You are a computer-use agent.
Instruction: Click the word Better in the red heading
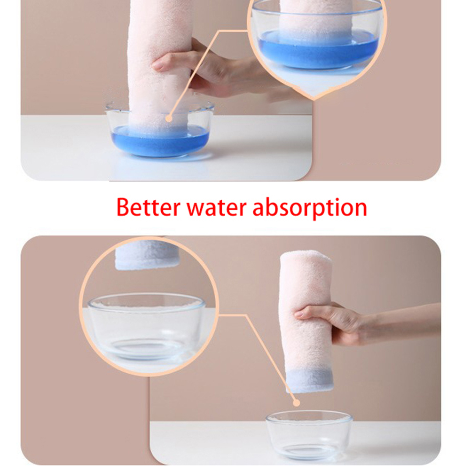coord(149,207)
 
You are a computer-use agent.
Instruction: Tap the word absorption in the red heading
coord(310,208)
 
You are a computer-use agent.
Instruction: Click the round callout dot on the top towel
coord(169,119)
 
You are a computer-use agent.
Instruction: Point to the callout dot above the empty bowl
coord(296,403)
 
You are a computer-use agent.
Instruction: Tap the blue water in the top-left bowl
coord(160,141)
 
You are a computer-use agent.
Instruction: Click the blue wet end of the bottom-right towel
coord(309,381)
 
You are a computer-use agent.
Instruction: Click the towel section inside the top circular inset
coord(316,18)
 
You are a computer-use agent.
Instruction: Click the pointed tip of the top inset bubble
coord(314,99)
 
